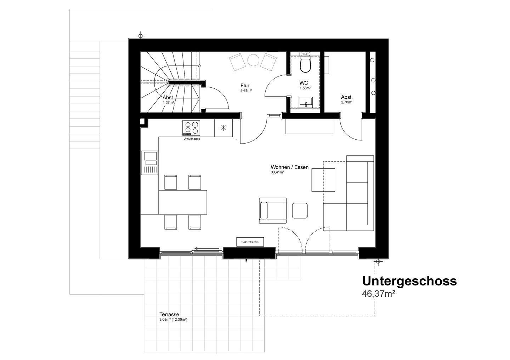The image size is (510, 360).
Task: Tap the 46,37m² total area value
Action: click(x=378, y=294)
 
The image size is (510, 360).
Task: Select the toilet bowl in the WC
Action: click(x=305, y=65)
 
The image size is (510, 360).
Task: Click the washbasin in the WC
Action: click(x=306, y=102)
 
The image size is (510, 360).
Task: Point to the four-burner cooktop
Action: click(x=191, y=128)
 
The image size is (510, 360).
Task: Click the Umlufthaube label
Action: click(x=192, y=139)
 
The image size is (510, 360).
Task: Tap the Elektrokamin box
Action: click(x=250, y=242)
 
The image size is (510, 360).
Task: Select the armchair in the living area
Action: click(x=273, y=210)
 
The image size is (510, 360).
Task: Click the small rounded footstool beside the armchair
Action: click(x=300, y=211)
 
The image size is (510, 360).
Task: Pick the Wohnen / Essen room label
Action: click(x=290, y=167)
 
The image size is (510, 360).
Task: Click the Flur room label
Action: click(x=245, y=86)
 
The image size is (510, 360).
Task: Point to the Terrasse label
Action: click(x=169, y=314)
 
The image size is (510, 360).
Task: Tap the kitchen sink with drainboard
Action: click(x=149, y=163)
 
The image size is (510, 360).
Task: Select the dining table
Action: click(x=183, y=202)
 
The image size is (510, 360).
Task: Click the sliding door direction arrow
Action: click(x=207, y=249)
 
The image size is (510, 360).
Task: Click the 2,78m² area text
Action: click(x=347, y=102)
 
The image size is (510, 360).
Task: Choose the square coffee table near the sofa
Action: click(x=323, y=180)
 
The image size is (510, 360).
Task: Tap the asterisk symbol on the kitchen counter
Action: click(x=223, y=128)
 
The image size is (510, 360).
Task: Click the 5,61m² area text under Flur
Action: click(x=246, y=91)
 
